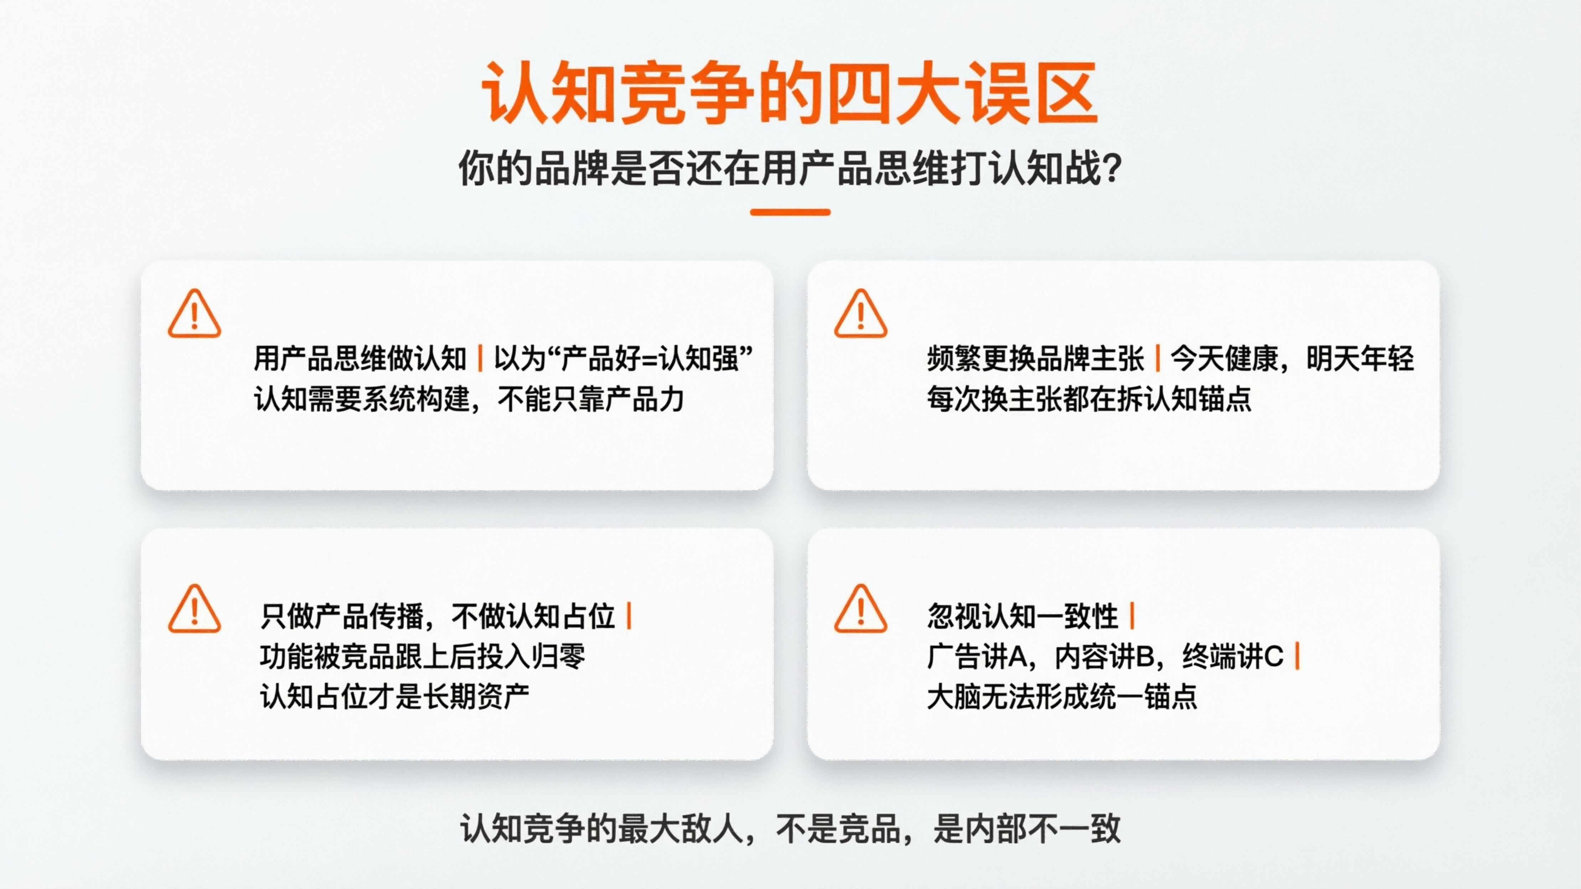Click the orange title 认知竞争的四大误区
789,93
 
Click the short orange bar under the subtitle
790,212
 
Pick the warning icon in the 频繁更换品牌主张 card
861,314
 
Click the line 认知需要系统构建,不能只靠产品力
469,399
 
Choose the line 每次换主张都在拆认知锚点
1089,399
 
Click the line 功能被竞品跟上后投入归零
422,656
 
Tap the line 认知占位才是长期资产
395,697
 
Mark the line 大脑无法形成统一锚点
1062,697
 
